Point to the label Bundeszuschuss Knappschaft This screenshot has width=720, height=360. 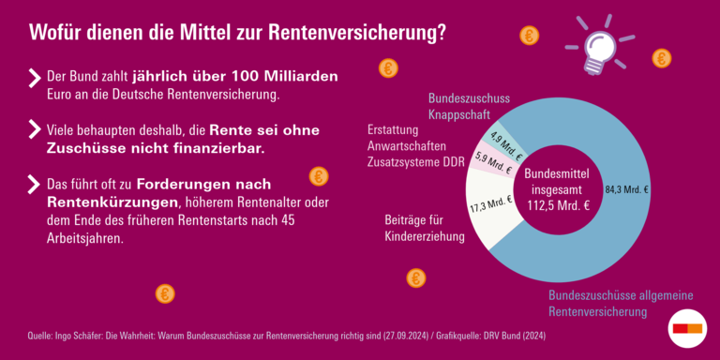pyautogui.click(x=468, y=106)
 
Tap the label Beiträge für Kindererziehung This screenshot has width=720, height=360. pyautogui.click(x=425, y=228)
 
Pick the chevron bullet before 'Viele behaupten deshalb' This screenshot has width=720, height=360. pyautogui.click(x=36, y=130)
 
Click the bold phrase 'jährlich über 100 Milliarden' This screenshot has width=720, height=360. pyautogui.click(x=235, y=76)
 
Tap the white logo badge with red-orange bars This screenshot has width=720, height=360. pyautogui.click(x=688, y=327)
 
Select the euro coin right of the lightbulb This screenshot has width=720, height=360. pyautogui.click(x=662, y=58)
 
